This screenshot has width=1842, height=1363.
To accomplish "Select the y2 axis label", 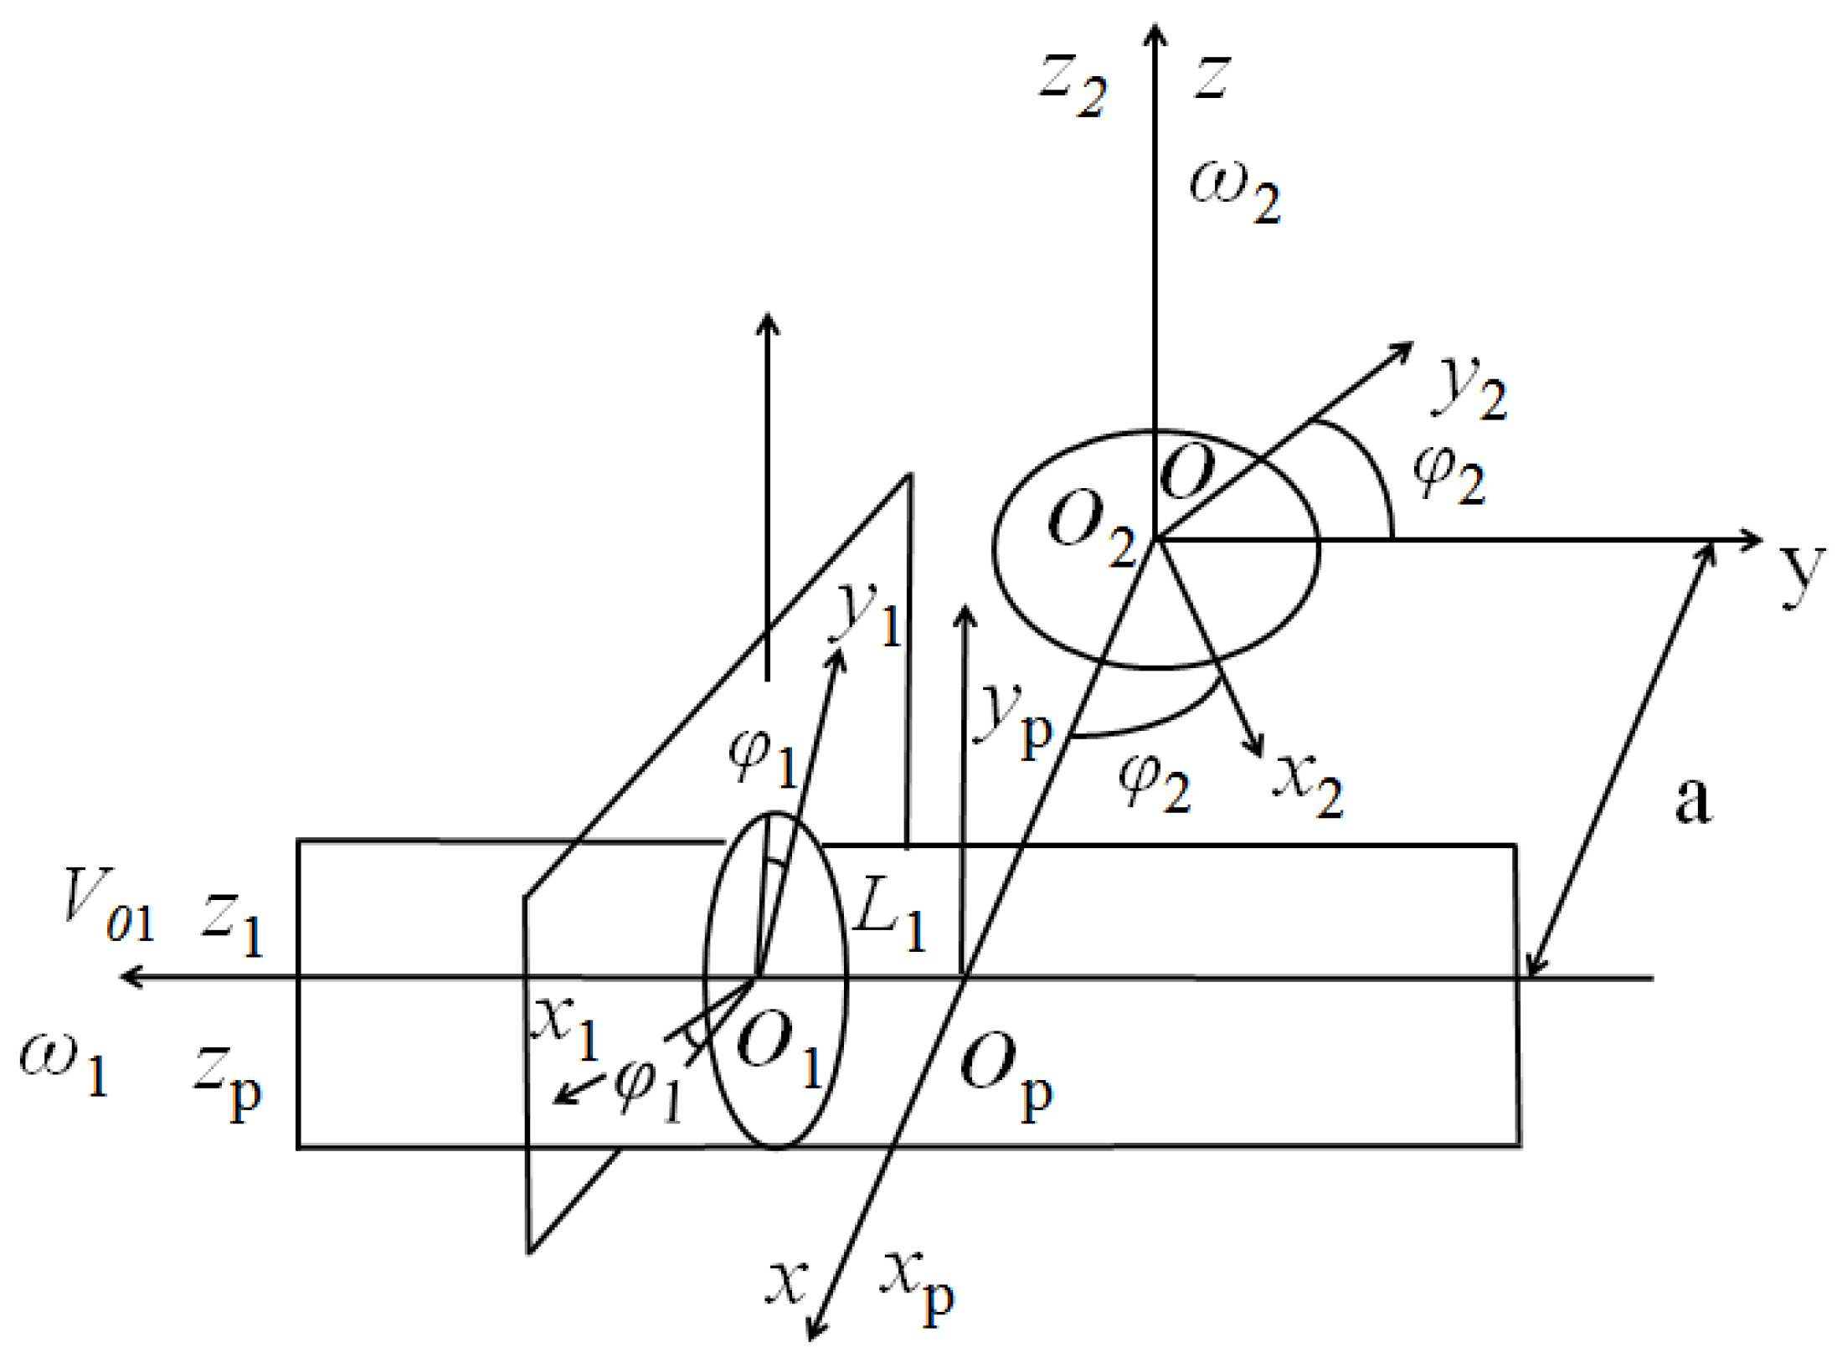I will tap(1472, 387).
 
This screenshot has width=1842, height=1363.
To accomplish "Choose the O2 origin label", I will tap(1091, 531).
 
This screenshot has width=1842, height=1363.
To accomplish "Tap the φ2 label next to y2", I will tap(1448, 475).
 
